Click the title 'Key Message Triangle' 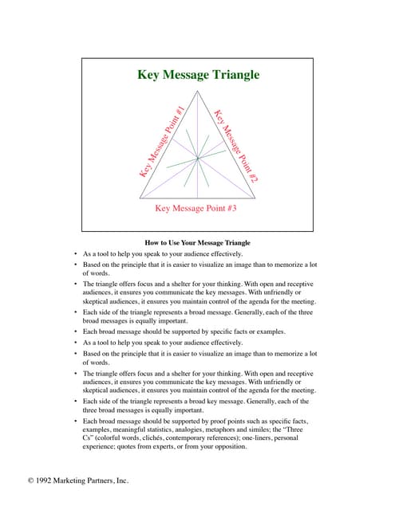[x=198, y=76]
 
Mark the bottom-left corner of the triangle [x=140, y=195]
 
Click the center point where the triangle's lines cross [x=198, y=160]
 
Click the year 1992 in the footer [x=48, y=481]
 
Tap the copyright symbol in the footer [x=31, y=481]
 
